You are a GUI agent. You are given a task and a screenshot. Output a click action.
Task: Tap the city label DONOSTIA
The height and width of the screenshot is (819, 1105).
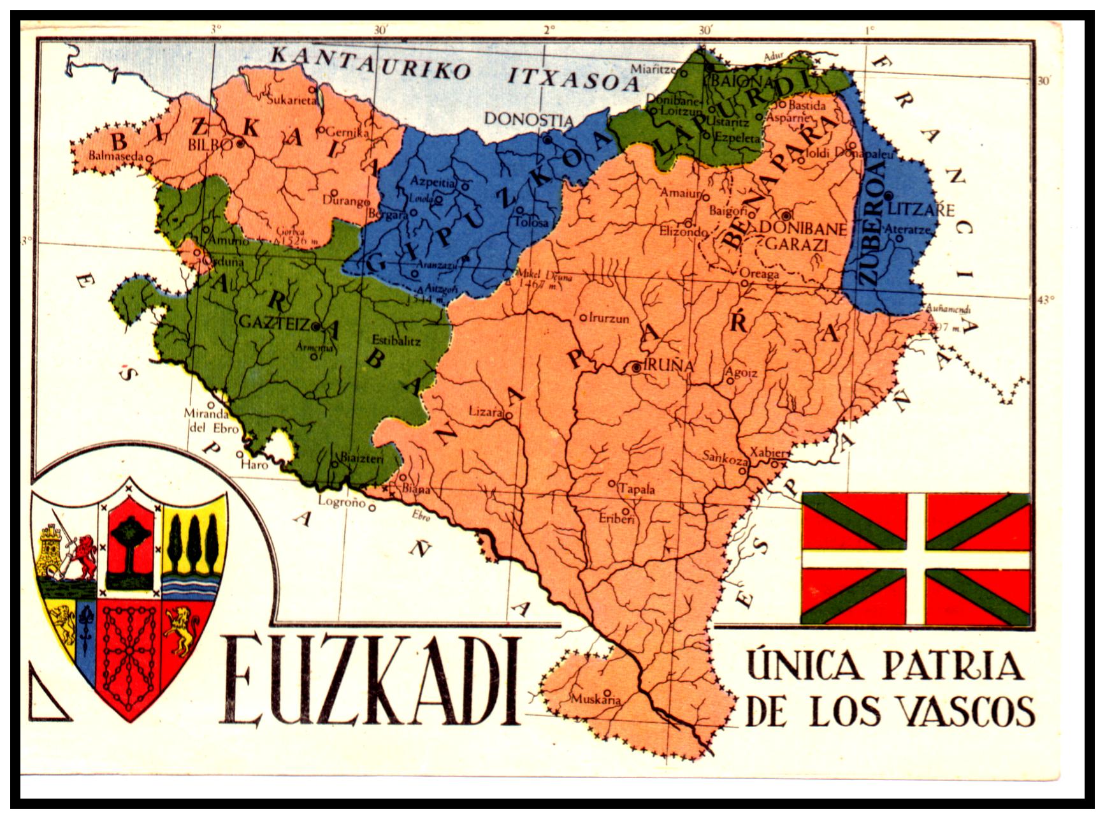(x=528, y=119)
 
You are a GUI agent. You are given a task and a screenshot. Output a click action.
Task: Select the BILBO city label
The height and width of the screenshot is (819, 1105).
(x=210, y=144)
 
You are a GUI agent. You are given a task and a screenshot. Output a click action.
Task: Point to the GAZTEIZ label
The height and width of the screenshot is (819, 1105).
(x=274, y=323)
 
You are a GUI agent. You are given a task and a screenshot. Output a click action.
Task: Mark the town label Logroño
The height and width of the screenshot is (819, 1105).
(x=342, y=502)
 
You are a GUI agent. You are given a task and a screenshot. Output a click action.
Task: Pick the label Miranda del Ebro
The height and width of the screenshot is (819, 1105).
(x=206, y=420)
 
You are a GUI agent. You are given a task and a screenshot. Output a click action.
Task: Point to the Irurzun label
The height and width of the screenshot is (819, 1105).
(x=609, y=318)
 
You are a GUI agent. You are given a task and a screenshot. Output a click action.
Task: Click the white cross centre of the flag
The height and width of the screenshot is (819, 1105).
(x=916, y=559)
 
